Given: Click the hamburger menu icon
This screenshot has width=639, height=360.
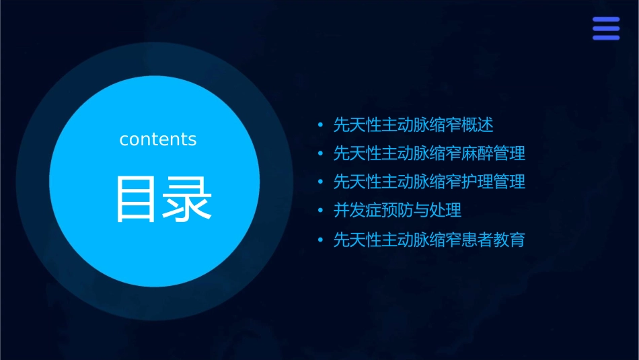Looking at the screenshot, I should [x=605, y=28].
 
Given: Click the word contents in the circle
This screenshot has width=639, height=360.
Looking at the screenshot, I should [x=158, y=139].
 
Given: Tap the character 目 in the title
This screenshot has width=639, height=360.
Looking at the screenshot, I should [x=136, y=199].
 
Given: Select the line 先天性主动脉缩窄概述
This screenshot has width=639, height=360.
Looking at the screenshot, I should [x=414, y=125].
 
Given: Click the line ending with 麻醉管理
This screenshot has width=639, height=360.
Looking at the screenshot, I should [x=429, y=153].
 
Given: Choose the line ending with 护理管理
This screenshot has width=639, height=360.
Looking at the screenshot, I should [x=429, y=182].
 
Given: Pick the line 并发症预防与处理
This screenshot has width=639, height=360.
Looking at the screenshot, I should [x=398, y=210].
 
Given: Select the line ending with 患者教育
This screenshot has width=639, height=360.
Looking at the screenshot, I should [x=429, y=240].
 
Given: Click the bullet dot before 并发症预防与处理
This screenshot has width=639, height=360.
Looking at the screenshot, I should [x=320, y=211].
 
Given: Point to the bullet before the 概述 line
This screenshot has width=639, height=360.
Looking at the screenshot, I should [x=320, y=126].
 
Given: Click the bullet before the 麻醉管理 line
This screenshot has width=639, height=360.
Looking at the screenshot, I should [x=320, y=154].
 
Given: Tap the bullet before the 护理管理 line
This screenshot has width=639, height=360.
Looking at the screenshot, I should [x=320, y=182].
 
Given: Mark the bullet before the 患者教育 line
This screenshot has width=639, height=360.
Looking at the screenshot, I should [x=320, y=240].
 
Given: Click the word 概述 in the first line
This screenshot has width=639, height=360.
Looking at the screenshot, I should [x=478, y=125].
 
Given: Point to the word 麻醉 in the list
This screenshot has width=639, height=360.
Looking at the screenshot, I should [x=478, y=153].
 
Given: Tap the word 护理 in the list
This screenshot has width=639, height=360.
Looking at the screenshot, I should [x=478, y=182].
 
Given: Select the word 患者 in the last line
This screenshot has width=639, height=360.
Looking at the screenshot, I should [x=478, y=240].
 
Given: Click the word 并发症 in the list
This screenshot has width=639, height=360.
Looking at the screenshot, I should [x=358, y=210].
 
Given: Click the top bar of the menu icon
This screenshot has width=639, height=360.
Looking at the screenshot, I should [x=605, y=20].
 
